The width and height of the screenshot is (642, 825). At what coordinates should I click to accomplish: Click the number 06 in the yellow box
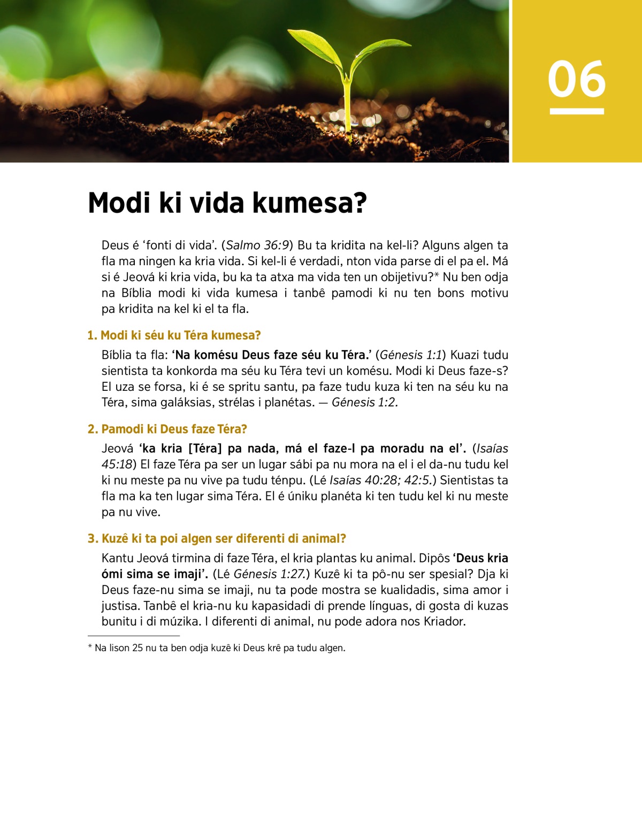(x=576, y=79)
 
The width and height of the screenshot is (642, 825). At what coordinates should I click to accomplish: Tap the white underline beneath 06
(x=576, y=111)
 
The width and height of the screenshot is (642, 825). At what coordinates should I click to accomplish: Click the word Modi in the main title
(x=119, y=203)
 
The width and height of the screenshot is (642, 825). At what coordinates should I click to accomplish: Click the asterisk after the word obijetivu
(x=437, y=276)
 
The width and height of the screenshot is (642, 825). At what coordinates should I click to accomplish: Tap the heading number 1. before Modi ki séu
(x=92, y=336)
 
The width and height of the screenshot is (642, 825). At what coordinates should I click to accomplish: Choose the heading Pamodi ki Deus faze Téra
(x=174, y=429)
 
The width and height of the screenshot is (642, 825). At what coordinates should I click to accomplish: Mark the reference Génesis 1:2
(x=364, y=403)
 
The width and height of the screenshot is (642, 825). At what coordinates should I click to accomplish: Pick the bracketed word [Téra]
(x=205, y=449)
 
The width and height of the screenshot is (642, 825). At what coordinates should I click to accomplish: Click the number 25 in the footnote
(x=137, y=648)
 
